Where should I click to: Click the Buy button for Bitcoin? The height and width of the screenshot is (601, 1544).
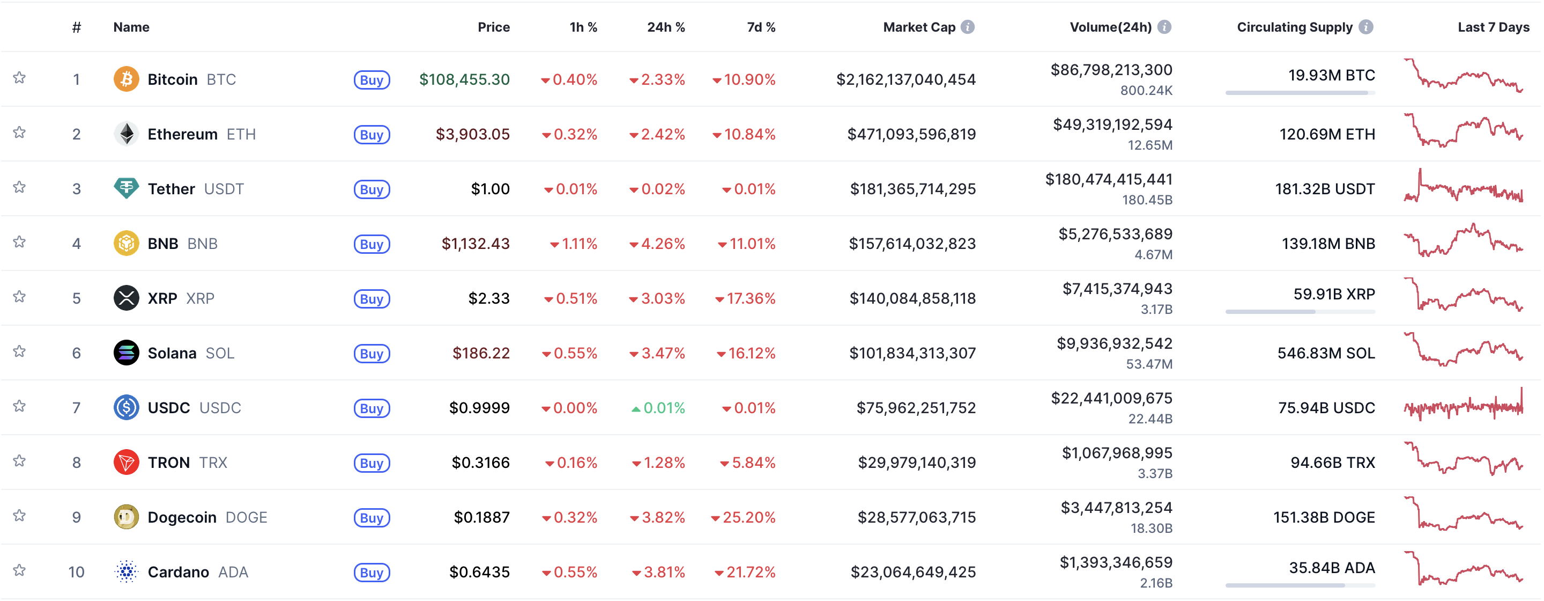[x=372, y=80]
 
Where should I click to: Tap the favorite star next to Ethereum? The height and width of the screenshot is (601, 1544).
[x=19, y=133]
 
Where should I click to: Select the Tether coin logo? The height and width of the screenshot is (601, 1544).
[x=126, y=188]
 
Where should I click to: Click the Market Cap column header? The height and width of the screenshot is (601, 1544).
[x=918, y=27]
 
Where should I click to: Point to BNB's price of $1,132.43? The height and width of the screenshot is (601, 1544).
[x=476, y=244]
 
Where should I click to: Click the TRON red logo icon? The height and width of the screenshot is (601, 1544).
[x=126, y=462]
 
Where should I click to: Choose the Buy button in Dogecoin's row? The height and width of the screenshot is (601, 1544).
[x=372, y=518]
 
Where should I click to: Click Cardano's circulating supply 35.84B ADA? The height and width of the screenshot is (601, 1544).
[x=1331, y=567]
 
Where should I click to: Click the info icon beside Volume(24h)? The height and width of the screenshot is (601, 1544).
[x=1164, y=27]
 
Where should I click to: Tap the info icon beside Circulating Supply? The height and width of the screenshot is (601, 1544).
[x=1365, y=27]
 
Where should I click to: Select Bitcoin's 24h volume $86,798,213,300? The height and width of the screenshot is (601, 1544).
[x=1111, y=70]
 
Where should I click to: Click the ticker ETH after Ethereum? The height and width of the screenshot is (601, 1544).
[x=241, y=134]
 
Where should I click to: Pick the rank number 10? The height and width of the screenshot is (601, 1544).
[x=76, y=571]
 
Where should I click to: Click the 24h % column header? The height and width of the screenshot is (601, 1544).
[x=665, y=27]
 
